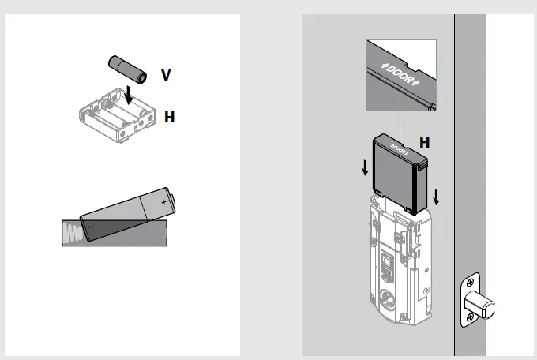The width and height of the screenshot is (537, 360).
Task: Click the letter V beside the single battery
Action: pyautogui.click(x=165, y=75)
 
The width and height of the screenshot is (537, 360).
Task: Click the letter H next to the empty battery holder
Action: pyautogui.click(x=169, y=117)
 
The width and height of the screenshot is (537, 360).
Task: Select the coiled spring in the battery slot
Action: pyautogui.click(x=73, y=233)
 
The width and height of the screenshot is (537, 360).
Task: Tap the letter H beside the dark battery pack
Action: pyautogui.click(x=424, y=143)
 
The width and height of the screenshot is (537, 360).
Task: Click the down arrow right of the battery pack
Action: pyautogui.click(x=436, y=195)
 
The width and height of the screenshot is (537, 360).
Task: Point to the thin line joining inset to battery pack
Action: pyautogui.click(x=400, y=122)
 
